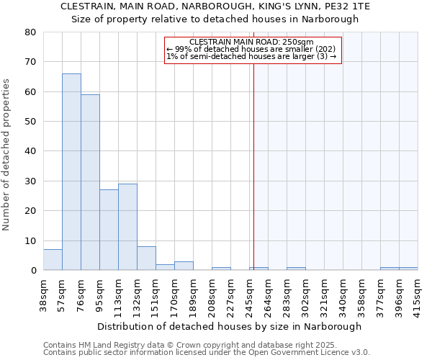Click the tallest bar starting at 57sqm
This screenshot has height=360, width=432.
point(71,172)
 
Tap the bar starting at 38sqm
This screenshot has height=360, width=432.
point(53,260)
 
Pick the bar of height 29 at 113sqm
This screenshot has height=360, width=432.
point(127,227)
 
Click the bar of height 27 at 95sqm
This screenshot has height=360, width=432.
point(109,230)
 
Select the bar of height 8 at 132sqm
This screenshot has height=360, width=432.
point(146,258)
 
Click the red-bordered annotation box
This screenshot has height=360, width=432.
point(252,50)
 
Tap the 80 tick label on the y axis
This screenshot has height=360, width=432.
point(30,32)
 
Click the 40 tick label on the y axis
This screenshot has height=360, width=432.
point(30,151)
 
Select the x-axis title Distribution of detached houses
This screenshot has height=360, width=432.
point(229,326)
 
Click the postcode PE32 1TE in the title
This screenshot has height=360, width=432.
point(350,6)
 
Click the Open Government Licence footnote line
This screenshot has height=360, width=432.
point(207,352)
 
